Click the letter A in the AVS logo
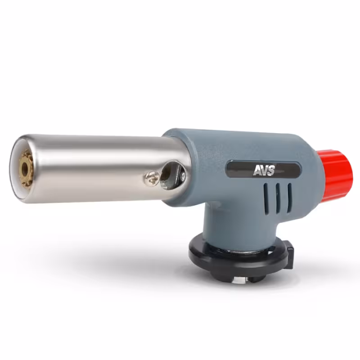(257, 171)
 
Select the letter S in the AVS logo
(271, 171)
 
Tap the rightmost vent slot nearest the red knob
(289, 198)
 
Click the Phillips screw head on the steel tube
(152, 177)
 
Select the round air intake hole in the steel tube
(172, 175)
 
